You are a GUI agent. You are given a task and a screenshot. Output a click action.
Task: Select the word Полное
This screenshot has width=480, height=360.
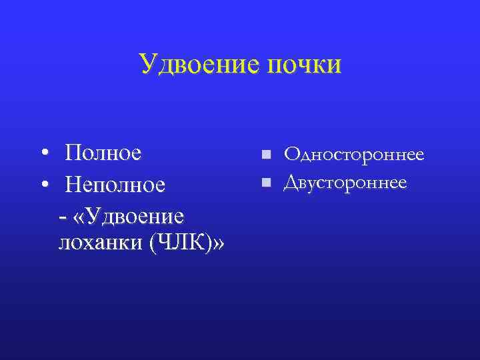(103, 153)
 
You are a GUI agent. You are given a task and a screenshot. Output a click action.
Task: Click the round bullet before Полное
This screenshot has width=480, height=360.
(44, 154)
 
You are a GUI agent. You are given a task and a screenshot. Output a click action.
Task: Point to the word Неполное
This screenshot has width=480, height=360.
(115, 184)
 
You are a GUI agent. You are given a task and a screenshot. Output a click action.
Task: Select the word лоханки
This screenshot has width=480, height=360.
(100, 244)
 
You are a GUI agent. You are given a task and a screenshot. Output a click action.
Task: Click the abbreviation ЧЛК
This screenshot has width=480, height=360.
(181, 244)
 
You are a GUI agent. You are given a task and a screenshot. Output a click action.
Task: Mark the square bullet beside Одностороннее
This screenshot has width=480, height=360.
(265, 155)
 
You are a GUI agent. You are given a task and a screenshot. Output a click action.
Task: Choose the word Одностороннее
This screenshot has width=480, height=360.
(354, 155)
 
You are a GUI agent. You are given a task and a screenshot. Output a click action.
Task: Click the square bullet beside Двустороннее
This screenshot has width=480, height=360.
(265, 181)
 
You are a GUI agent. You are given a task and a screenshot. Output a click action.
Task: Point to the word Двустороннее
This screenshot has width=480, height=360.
(345, 181)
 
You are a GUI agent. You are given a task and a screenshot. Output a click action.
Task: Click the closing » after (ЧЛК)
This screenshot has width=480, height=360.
(218, 244)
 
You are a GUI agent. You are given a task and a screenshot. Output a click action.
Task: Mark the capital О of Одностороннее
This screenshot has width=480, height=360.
(291, 155)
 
